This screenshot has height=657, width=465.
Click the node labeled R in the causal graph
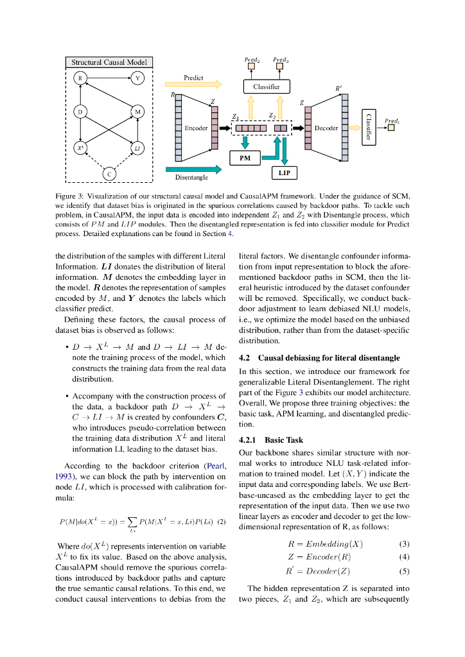point(80,79)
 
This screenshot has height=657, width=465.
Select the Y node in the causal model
point(137,79)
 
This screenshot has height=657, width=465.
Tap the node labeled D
point(80,112)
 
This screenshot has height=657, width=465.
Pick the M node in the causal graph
point(137,112)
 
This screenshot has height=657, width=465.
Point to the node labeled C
point(109,174)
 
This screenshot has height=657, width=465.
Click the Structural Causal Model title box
point(109,62)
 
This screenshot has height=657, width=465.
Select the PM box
point(245,158)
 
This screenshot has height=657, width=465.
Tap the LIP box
point(285,173)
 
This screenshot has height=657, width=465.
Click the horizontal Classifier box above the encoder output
point(266,86)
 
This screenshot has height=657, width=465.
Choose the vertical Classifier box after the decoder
point(368,127)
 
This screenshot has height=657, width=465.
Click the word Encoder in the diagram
point(196,128)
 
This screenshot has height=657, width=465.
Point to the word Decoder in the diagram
point(326,128)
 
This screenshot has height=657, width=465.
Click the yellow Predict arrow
point(193,84)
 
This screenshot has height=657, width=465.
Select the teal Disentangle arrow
point(193,169)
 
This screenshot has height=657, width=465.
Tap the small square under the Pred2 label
point(252,66)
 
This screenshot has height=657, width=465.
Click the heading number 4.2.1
point(247,440)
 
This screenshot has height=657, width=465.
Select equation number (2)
point(221,522)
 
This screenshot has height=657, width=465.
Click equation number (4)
point(405,557)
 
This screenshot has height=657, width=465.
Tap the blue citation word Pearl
point(214,466)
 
